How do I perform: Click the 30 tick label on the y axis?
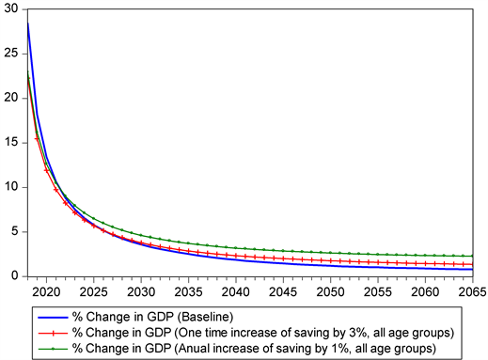click(x=10, y=8)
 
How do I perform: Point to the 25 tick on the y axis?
click(x=10, y=53)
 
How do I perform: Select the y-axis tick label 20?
click(x=10, y=98)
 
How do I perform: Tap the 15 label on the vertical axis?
click(x=10, y=142)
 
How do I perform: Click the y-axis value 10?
click(x=10, y=187)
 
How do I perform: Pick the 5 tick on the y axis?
click(x=14, y=231)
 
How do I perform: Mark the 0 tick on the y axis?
click(x=14, y=276)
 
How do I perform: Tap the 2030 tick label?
click(x=141, y=290)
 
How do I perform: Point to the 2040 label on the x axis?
click(x=239, y=290)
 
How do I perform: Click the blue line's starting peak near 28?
click(x=28, y=23)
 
